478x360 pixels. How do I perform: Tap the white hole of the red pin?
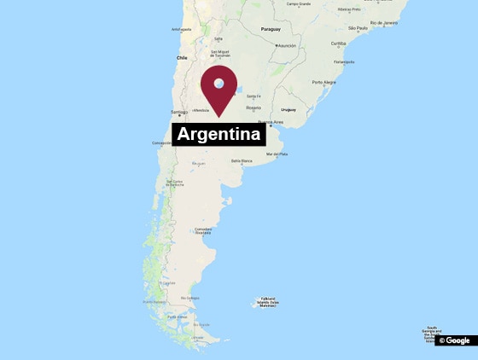click(219, 84)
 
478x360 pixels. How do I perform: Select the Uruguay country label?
click(288, 110)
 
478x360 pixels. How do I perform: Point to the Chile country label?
click(181, 57)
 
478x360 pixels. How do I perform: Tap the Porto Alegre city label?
click(324, 82)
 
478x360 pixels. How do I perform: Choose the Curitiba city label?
click(339, 43)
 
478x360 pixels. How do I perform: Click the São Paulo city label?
click(357, 28)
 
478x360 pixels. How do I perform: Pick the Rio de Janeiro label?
click(378, 23)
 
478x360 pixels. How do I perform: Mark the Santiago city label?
click(179, 112)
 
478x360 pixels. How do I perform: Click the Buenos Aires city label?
click(271, 122)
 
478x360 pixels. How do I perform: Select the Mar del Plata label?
click(277, 154)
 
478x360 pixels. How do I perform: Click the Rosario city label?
click(254, 107)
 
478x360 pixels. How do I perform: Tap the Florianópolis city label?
click(344, 61)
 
